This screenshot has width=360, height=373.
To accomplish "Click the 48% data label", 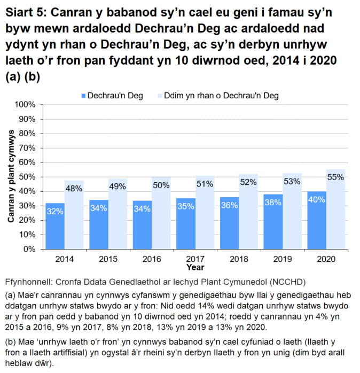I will (74, 188).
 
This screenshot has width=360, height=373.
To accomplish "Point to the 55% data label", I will (335, 177).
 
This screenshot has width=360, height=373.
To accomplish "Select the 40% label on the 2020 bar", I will (317, 200).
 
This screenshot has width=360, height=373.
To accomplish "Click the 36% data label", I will (230, 206).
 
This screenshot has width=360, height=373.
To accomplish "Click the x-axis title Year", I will (195, 266).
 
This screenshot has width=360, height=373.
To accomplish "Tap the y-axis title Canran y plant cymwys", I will (11, 177).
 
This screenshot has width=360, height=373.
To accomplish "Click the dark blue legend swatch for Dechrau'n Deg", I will (83, 96).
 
